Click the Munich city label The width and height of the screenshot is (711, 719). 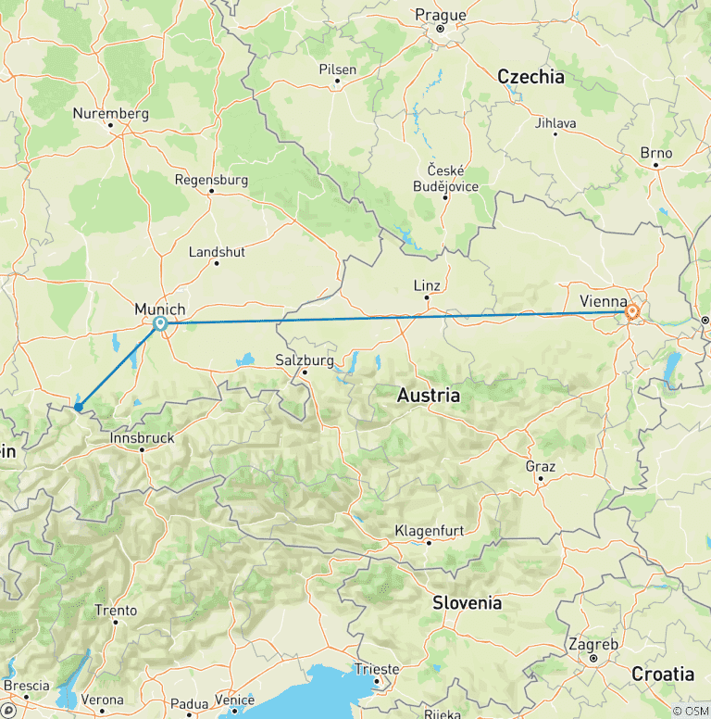point(160,309)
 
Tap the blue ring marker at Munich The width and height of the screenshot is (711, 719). point(160,323)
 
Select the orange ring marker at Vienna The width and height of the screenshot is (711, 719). point(632,312)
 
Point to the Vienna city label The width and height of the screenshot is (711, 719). point(603,300)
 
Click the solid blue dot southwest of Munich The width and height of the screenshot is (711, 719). point(79,407)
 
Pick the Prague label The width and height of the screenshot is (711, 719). point(441,15)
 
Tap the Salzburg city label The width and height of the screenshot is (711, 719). point(305,359)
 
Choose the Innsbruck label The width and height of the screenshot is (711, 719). point(142,436)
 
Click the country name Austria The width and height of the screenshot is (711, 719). point(428,395)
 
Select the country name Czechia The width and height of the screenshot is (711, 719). point(530,77)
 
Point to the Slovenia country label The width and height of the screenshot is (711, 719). point(468,602)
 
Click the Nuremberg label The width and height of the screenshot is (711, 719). point(111,113)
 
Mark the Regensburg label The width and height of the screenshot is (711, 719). point(211,179)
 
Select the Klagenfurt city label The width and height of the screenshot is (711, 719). point(429,530)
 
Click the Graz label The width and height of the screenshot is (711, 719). point(540,466)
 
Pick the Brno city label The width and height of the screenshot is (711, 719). point(656,153)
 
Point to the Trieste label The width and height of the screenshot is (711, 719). point(377,669)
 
